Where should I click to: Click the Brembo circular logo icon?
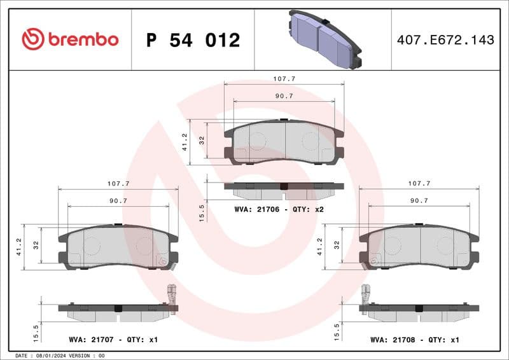(33, 39)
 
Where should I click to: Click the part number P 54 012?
(193, 40)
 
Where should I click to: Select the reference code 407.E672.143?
(445, 40)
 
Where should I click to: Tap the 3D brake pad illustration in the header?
(324, 39)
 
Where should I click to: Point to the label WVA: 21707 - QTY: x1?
(113, 340)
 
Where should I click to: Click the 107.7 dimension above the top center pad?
(284, 79)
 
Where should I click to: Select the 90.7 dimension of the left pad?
(118, 200)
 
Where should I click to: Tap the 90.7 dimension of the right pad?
(419, 200)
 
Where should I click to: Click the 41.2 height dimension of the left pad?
(19, 247)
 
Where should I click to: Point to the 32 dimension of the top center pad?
(202, 141)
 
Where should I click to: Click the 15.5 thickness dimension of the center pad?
(202, 211)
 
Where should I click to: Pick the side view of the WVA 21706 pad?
(284, 189)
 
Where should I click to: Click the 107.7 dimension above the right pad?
(419, 183)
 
